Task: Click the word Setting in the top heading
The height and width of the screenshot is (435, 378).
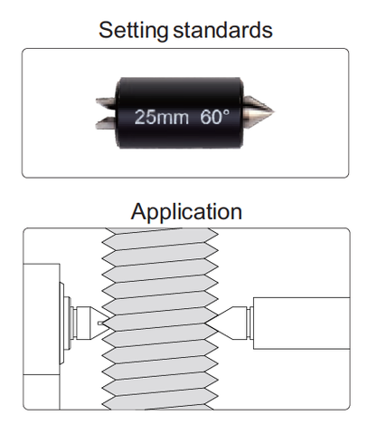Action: pyautogui.click(x=133, y=30)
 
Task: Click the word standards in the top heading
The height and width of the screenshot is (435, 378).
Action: pyautogui.click(x=222, y=30)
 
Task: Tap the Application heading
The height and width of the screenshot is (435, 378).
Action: pyautogui.click(x=186, y=212)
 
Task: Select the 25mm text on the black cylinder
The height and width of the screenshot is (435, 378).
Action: pyautogui.click(x=162, y=117)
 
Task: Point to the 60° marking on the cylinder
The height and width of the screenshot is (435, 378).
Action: pyautogui.click(x=214, y=117)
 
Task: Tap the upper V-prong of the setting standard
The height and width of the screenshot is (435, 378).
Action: pyautogui.click(x=106, y=102)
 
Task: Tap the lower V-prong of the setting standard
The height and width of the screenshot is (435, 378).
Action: pyautogui.click(x=106, y=122)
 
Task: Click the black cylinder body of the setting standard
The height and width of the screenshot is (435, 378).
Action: pyautogui.click(x=179, y=112)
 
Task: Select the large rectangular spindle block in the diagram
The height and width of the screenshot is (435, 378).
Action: pyautogui.click(x=301, y=324)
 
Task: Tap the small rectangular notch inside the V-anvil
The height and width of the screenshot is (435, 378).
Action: pyautogui.click(x=100, y=323)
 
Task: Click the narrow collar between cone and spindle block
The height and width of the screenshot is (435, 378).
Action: pyautogui.click(x=250, y=323)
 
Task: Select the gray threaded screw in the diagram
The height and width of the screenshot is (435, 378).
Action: pyautogui.click(x=160, y=319)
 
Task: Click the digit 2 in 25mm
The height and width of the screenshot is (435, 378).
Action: pyautogui.click(x=139, y=117)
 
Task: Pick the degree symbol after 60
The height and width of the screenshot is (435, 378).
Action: pyautogui.click(x=226, y=112)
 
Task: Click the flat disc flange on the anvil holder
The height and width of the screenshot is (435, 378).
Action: pyautogui.click(x=61, y=324)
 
